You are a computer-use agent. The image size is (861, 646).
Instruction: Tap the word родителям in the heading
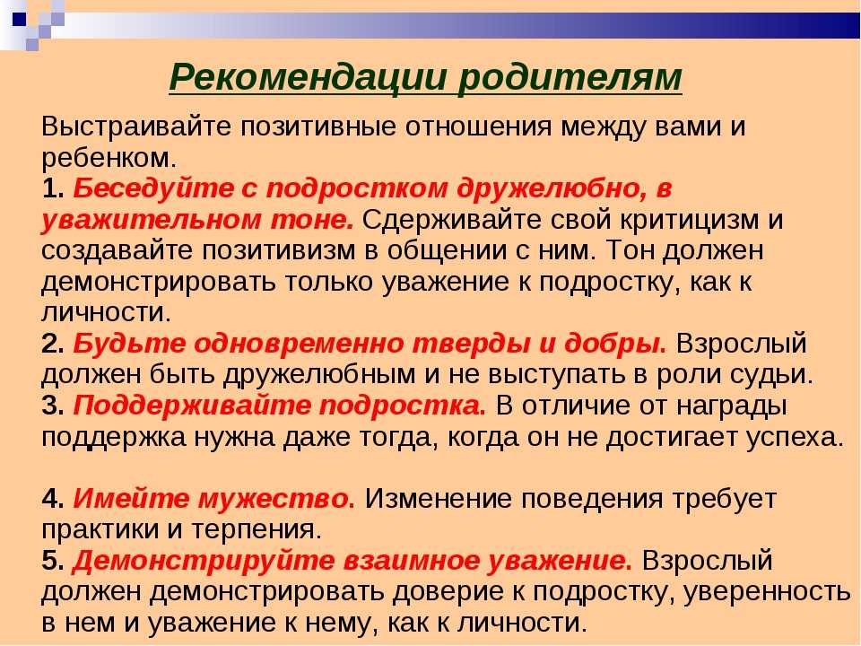[x=570, y=79]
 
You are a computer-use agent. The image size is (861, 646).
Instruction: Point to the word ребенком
[x=109, y=158]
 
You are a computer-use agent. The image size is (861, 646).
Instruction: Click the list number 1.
[x=53, y=189]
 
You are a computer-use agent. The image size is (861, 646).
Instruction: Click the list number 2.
[x=53, y=345]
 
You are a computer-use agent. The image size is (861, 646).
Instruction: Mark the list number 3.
[x=53, y=406]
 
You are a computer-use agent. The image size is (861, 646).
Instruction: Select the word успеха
[x=794, y=438]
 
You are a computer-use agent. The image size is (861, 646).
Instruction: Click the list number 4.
[x=53, y=500]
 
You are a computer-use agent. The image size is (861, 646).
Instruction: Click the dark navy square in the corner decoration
[x=19, y=20]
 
